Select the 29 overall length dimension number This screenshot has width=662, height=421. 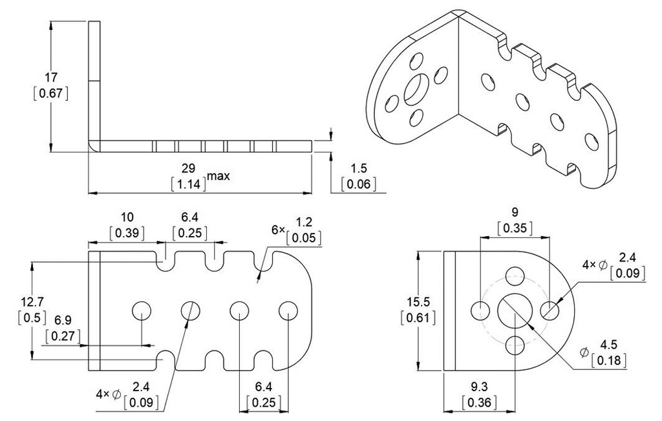[x=188, y=168]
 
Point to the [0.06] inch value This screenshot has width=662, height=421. [x=359, y=184]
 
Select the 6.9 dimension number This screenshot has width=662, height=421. [x=62, y=320]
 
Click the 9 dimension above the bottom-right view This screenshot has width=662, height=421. [x=514, y=212]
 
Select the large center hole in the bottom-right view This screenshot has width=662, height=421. [x=515, y=310]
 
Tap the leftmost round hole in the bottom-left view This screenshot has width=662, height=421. [x=141, y=310]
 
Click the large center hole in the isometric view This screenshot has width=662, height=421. [x=414, y=90]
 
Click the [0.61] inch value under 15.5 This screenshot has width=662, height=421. [x=418, y=317]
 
